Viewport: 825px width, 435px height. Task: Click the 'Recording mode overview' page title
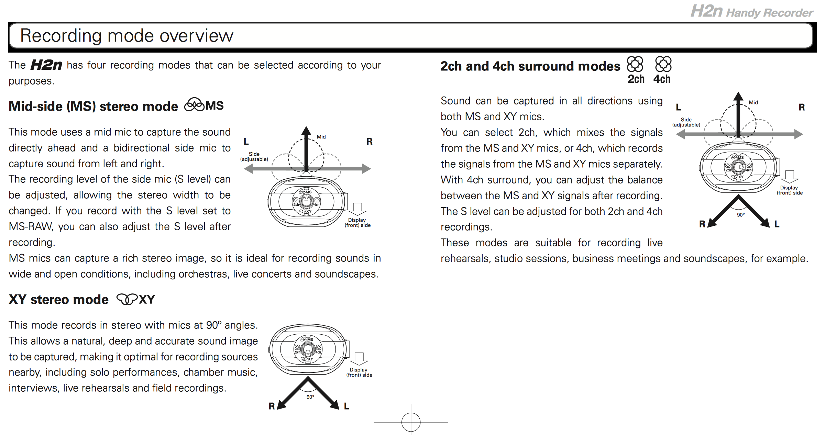126,36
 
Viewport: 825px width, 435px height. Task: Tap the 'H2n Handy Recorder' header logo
751,11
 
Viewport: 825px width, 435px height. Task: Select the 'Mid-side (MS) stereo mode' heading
93,106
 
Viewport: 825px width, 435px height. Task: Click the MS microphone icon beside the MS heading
194,105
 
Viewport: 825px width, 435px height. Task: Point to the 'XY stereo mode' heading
58,299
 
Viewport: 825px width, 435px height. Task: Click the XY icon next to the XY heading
127,299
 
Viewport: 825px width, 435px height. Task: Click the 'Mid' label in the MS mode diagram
321,137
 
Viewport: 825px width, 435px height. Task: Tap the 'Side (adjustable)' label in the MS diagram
254,156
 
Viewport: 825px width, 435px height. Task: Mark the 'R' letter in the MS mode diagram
370,142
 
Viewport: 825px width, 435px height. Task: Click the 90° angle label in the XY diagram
310,397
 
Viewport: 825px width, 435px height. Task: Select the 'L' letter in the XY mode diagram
346,406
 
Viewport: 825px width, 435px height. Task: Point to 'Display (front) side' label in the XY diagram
359,372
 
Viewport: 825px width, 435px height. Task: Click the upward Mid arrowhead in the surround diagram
738,97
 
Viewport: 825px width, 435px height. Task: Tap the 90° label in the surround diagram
741,215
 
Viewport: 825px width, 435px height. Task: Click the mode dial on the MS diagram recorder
306,201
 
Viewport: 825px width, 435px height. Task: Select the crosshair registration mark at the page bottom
411,422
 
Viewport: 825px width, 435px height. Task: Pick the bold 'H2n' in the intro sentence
46,65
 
